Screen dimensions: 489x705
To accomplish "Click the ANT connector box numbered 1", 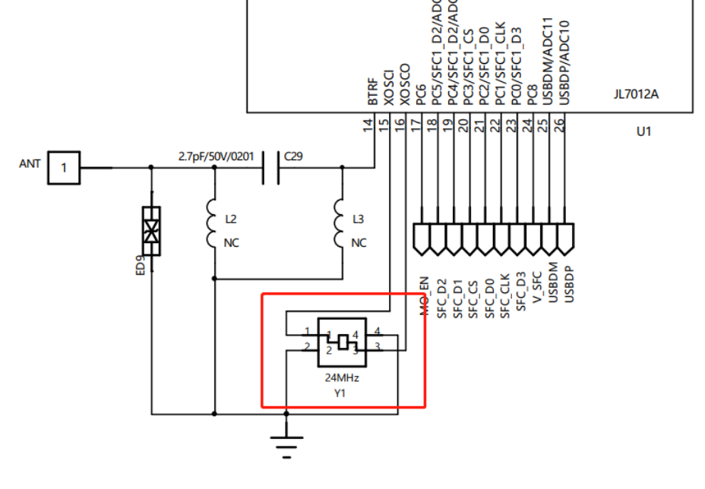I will tap(64, 167).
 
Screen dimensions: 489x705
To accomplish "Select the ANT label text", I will tap(30, 163).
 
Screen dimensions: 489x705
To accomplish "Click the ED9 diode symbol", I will tap(151, 230).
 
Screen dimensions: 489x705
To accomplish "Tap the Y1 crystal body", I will tap(342, 342).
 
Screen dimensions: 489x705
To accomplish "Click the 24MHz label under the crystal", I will tap(342, 377).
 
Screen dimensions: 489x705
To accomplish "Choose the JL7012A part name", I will tap(636, 95).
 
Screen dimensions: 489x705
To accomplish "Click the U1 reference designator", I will tap(643, 131).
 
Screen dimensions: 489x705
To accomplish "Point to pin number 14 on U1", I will tap(368, 125).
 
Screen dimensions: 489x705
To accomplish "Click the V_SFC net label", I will tap(537, 287).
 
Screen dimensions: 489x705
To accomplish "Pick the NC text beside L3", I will tap(359, 243).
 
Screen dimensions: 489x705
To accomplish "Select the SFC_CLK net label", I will tap(505, 292).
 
